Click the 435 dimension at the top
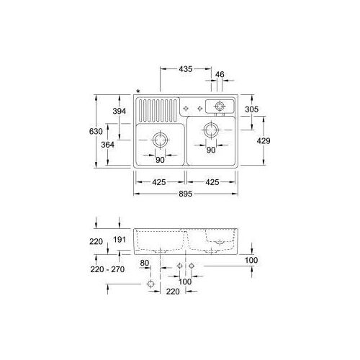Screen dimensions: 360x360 click(185, 70)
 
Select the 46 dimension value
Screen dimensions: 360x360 click(220, 74)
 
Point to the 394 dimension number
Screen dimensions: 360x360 click(120, 110)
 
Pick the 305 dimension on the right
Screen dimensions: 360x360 click(252, 109)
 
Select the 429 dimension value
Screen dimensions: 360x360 click(263, 142)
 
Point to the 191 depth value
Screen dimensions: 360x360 click(120, 240)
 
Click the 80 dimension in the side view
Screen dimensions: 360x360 click(145, 264)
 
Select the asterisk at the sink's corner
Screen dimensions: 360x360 click(137, 91)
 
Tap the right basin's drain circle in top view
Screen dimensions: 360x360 click(211, 130)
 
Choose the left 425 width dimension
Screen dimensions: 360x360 click(160, 182)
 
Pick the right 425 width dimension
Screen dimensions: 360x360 click(212, 182)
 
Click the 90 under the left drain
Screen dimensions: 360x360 click(160, 160)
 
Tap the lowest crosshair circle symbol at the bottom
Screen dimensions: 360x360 click(150, 285)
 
